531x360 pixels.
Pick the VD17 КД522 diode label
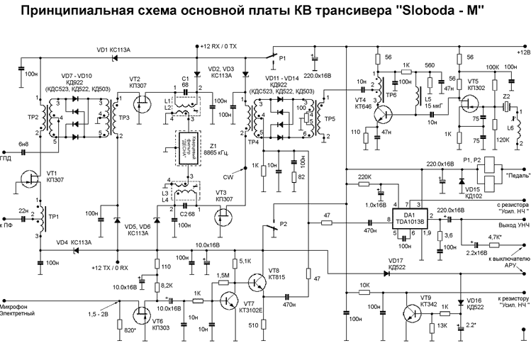(x=396, y=264)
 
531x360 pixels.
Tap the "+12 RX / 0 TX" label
(x=221, y=46)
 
